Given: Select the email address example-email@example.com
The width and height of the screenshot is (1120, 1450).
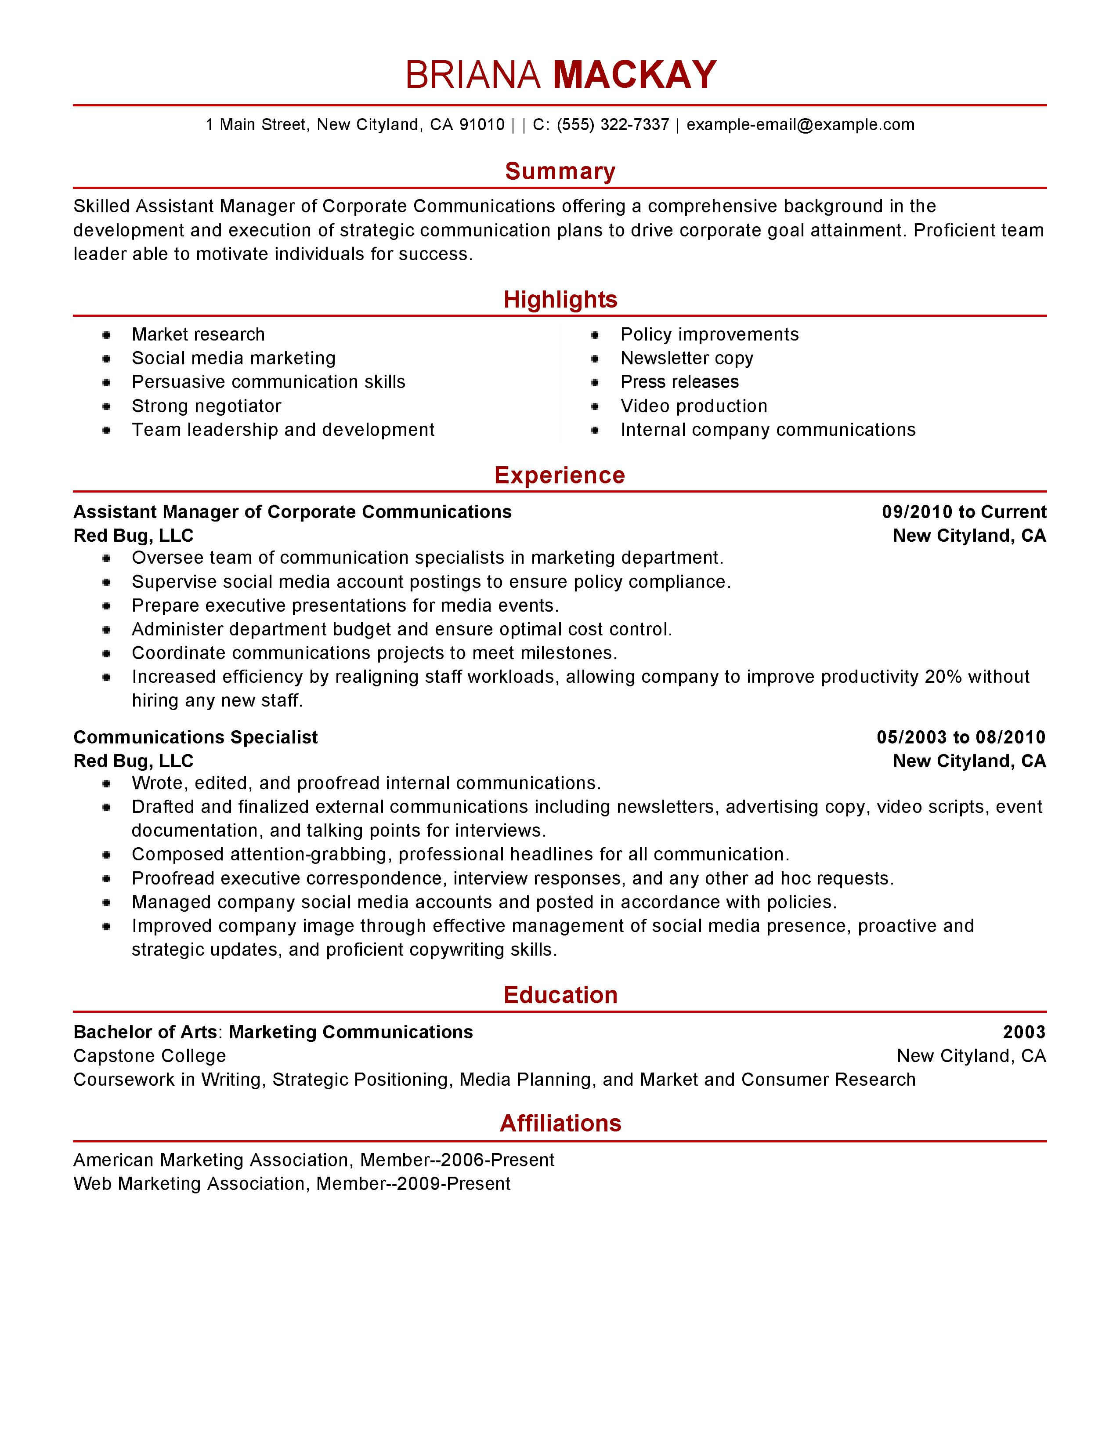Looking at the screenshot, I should click(x=800, y=125).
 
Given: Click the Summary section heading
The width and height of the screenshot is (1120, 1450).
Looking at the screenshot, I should click(x=560, y=171).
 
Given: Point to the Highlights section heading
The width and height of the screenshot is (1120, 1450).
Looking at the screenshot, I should click(x=560, y=299).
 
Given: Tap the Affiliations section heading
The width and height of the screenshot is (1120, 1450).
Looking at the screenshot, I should click(x=560, y=1124).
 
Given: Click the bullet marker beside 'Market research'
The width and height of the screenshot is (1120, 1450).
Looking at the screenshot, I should click(x=106, y=335).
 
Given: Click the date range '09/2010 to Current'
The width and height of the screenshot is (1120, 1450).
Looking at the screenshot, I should click(x=963, y=512).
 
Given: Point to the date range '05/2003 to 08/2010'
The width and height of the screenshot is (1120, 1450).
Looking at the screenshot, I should click(x=961, y=738).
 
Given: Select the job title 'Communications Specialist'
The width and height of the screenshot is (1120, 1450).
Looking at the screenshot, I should click(x=196, y=738).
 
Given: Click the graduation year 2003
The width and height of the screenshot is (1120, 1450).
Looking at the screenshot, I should click(x=1024, y=1033).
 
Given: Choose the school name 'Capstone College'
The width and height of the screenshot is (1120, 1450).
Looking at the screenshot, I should click(x=149, y=1056).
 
